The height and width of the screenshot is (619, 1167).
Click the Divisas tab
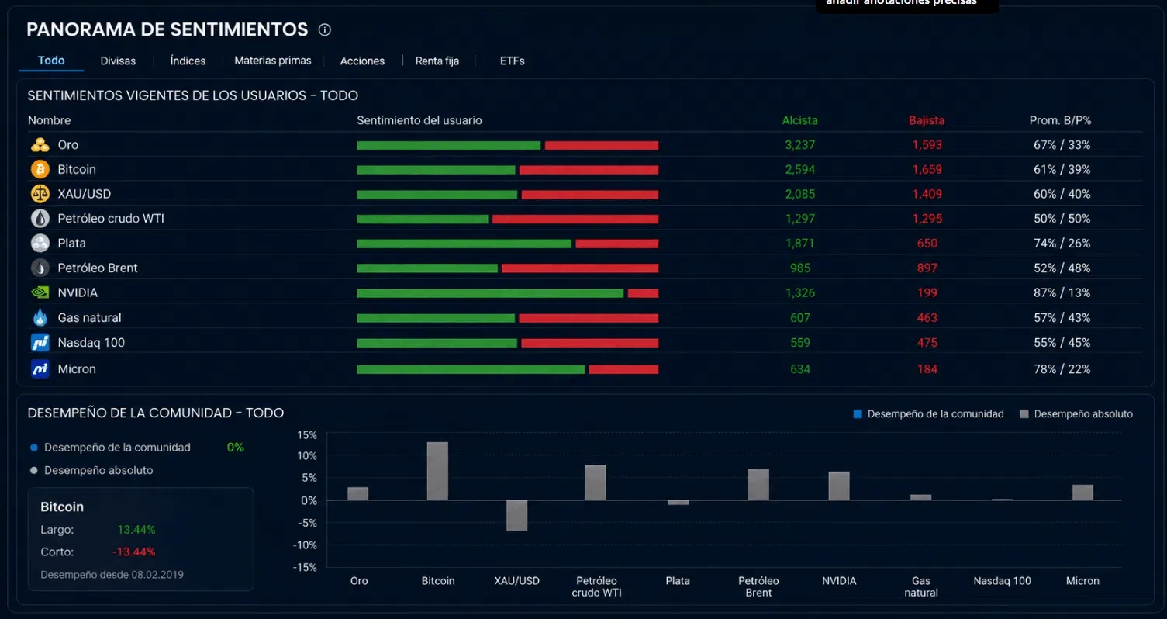[x=118, y=61]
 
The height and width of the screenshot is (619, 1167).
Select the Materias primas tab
[x=272, y=61]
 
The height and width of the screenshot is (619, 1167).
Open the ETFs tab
[x=512, y=61]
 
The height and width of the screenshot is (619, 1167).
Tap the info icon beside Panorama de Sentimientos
[x=325, y=29]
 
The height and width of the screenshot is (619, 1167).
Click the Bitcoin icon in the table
[x=40, y=169]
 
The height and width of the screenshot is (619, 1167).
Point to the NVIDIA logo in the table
[x=40, y=292]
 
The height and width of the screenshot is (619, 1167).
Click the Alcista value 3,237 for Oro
[x=799, y=145]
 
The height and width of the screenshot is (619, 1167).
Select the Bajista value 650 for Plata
[x=927, y=244]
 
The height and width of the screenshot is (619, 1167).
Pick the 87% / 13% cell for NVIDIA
[x=1062, y=293]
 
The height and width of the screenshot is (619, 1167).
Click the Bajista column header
[x=927, y=120]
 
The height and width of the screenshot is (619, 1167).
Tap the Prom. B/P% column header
[x=1060, y=120]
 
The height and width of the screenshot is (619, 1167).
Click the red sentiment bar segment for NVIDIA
[x=643, y=293]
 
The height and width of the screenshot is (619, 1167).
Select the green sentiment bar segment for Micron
[x=471, y=369]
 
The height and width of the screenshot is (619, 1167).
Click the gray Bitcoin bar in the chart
[x=437, y=471]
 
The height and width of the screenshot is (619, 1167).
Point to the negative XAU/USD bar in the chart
[x=516, y=515]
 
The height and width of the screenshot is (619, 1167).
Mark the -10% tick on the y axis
[x=306, y=545]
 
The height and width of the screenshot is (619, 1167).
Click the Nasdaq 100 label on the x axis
[x=1002, y=580]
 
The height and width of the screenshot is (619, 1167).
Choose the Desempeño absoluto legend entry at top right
[x=1076, y=413]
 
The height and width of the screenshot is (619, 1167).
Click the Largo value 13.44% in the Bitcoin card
[x=136, y=529]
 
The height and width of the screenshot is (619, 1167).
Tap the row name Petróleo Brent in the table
[x=98, y=268]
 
